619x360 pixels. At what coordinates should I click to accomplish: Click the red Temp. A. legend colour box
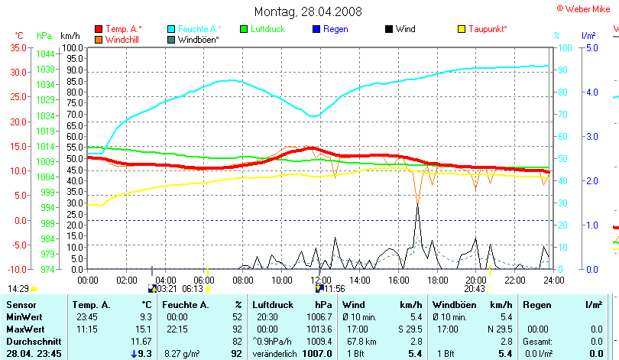coord(99,29)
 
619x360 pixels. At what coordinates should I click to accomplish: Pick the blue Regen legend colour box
coord(316,29)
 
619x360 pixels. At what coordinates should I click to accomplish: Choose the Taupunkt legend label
coord(488,29)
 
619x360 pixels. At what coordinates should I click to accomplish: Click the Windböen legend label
coord(198,39)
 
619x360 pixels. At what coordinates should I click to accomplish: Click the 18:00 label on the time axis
coord(437,280)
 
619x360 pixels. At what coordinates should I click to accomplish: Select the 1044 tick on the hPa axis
coord(45,54)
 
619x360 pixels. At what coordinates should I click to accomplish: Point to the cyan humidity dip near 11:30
coord(313,116)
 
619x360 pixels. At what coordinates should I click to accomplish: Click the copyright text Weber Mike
coord(586,8)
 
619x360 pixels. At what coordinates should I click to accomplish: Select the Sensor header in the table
coord(21,305)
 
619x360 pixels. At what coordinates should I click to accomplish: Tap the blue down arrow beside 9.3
coord(134,353)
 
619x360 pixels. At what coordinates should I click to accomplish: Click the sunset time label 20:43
coord(475,289)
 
